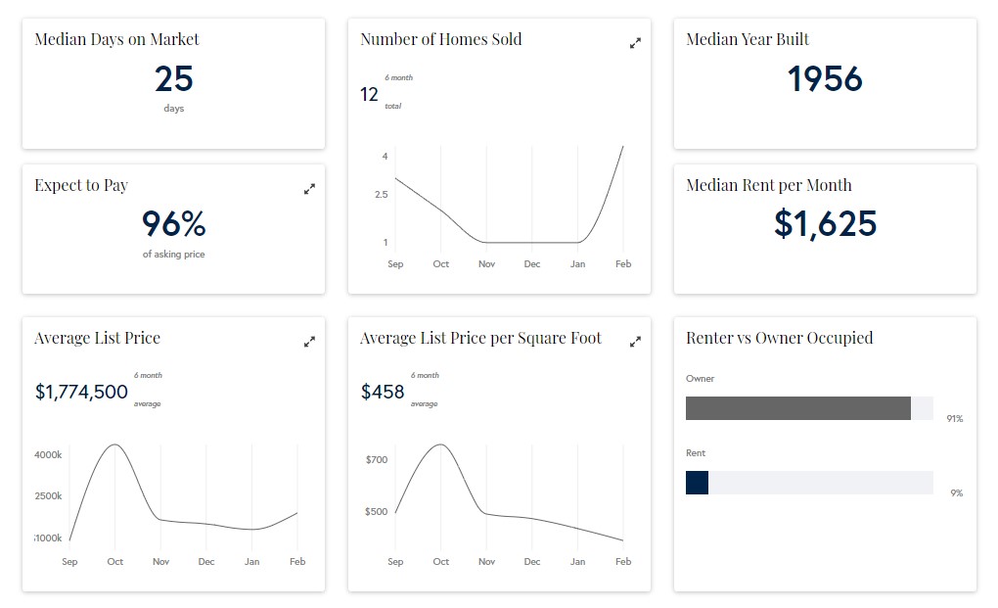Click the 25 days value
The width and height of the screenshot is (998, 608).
[x=174, y=79]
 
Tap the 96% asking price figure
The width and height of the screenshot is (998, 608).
[x=174, y=224]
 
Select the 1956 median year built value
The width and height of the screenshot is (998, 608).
[x=825, y=79]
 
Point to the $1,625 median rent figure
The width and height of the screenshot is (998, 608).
[x=825, y=224]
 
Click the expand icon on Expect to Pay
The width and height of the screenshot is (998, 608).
[x=309, y=189]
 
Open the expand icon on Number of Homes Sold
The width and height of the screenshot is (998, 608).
[x=635, y=43]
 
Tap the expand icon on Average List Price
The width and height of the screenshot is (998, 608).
[x=309, y=342]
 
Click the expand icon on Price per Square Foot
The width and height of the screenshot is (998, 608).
[x=635, y=342]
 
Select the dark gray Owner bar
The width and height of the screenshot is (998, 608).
[x=798, y=408]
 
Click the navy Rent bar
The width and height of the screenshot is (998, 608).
[x=697, y=483]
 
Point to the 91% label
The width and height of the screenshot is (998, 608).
[x=954, y=419]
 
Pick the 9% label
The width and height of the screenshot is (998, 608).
[x=956, y=493]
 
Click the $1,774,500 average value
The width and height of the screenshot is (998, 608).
[x=81, y=393]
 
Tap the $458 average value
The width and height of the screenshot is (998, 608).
[x=383, y=393]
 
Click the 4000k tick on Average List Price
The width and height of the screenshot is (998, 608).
[x=48, y=455]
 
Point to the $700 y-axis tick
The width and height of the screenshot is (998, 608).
[x=376, y=460]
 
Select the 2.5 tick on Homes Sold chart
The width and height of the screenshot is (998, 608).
[x=381, y=195]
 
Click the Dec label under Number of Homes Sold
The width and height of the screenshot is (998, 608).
[x=532, y=264]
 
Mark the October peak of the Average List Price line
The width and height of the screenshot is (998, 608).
[x=115, y=445]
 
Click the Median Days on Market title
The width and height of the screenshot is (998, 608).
[x=116, y=40]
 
